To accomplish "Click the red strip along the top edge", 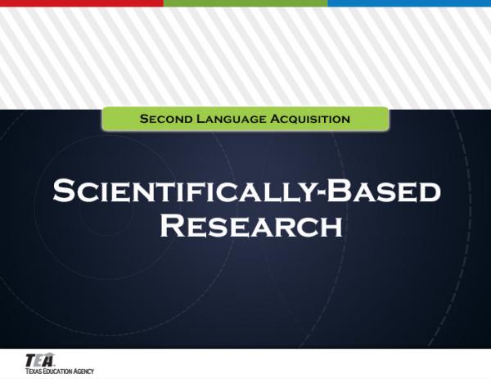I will coord(82,3).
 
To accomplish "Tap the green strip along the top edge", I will coord(245,3).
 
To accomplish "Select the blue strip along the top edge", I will coord(409,3).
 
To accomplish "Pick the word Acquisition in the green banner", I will coord(309,119).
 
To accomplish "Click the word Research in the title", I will coord(250,223).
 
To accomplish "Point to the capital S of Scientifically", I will coord(64,192).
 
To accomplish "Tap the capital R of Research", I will coord(173,223).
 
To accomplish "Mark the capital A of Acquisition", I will coord(274,119).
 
